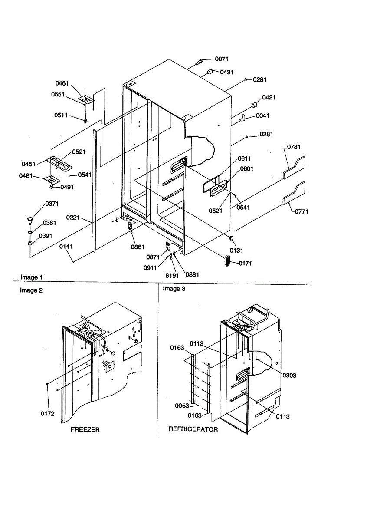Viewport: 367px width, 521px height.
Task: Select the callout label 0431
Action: click(x=227, y=72)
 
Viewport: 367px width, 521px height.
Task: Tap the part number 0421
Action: click(x=269, y=98)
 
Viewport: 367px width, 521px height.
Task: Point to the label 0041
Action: click(x=262, y=116)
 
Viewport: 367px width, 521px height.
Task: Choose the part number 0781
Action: click(x=294, y=147)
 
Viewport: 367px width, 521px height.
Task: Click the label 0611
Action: click(x=244, y=159)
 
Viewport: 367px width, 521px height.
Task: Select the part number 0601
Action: click(x=247, y=168)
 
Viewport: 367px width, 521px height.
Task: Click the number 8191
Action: click(x=172, y=275)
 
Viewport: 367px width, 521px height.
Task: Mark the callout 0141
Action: click(x=66, y=246)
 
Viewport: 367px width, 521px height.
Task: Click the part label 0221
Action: click(x=73, y=217)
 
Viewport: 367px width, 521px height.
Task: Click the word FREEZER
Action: click(x=85, y=429)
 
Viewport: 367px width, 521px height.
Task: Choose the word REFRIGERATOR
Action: click(x=193, y=429)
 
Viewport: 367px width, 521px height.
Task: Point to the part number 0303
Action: click(x=289, y=376)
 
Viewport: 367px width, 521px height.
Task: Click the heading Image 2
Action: click(x=31, y=290)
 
